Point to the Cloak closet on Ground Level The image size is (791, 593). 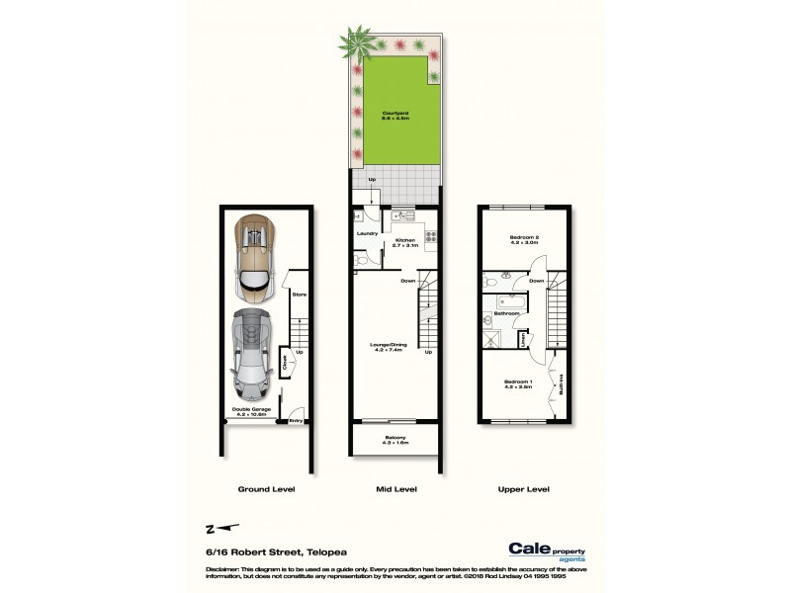(285, 362)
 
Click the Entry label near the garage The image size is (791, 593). (294, 421)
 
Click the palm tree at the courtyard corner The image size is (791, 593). (353, 43)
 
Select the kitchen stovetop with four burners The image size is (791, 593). (430, 235)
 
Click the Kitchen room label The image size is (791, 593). (403, 242)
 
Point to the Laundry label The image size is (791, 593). (366, 233)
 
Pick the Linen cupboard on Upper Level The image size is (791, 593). (522, 340)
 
